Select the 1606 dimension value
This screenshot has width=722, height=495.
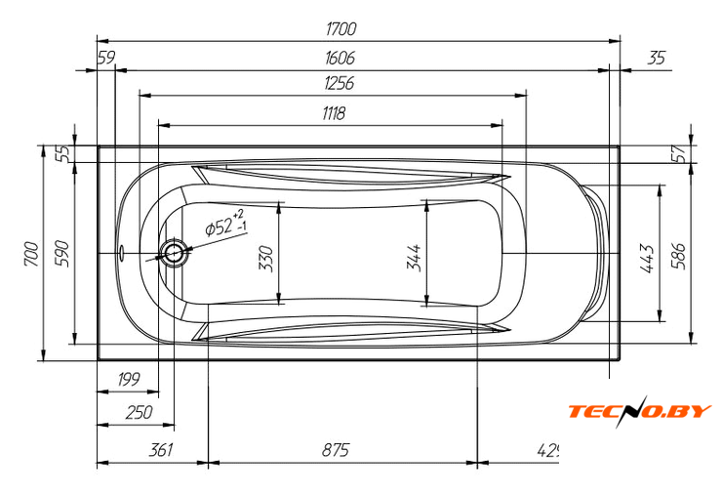click(x=341, y=59)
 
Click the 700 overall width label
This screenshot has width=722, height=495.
click(x=32, y=254)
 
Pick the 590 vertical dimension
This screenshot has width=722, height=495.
click(x=62, y=254)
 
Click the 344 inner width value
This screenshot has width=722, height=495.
click(x=414, y=258)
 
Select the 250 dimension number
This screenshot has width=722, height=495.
click(x=140, y=413)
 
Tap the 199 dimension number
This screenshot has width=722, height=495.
click(x=128, y=379)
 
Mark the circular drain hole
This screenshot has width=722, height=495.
click(x=175, y=254)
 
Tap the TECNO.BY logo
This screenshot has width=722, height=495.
click(x=640, y=411)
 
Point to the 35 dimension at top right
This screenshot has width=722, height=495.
click(x=657, y=59)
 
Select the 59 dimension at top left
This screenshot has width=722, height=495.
click(x=106, y=59)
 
